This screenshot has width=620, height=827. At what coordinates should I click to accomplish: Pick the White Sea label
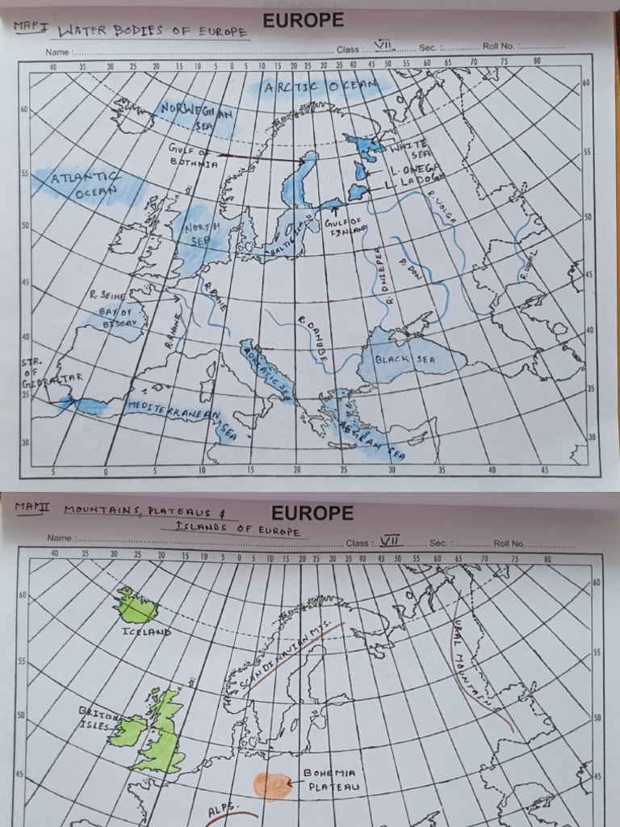(410, 149)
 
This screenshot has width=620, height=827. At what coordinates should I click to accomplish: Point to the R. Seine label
(107, 296)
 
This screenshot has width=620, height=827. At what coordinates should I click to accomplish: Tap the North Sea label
(199, 233)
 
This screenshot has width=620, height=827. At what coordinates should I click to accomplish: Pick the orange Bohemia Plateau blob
(272, 786)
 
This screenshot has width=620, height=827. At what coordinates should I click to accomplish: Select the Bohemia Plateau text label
(330, 779)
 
